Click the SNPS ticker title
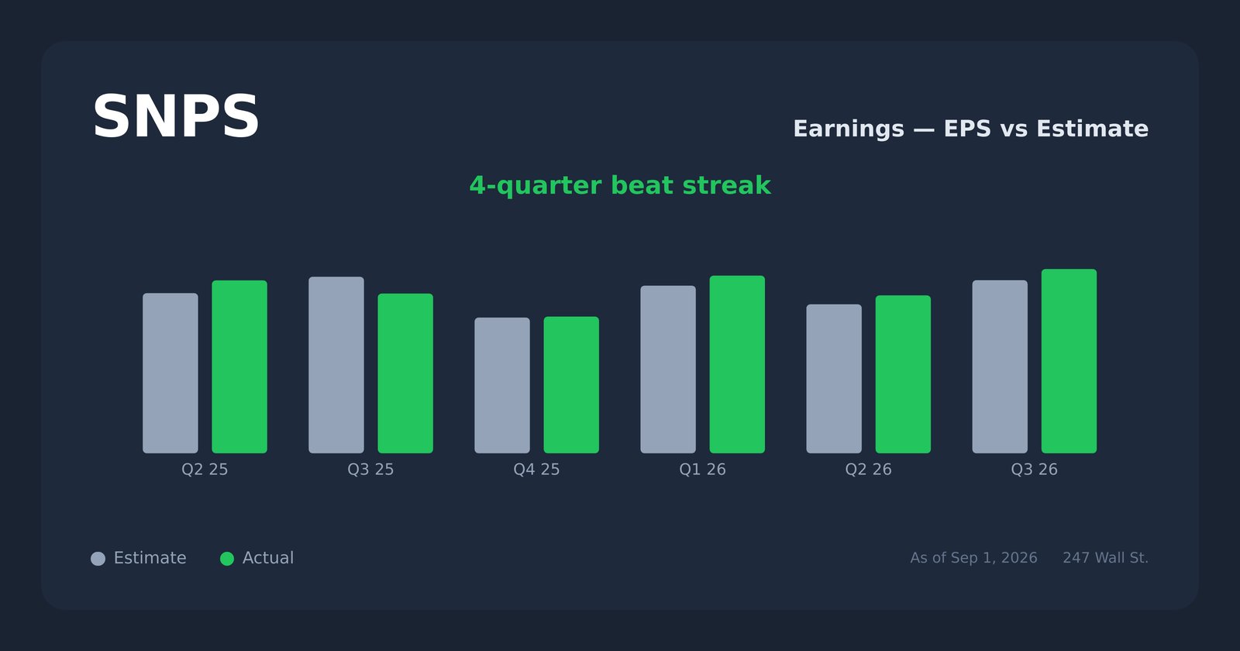pos(175,117)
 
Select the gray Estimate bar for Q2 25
pos(170,373)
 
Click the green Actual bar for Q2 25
pos(239,367)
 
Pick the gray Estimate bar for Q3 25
pos(336,365)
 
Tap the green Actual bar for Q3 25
pos(406,373)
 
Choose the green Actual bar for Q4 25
pos(571,384)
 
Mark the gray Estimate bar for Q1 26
pos(668,369)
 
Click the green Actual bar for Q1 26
pos(737,364)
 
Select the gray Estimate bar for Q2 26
pos(834,379)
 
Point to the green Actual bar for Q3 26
pos(1069,361)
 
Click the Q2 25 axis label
pos(205,470)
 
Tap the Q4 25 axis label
pos(536,470)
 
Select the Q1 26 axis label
pos(702,470)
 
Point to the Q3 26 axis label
pos(1034,470)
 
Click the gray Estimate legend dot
pos(98,559)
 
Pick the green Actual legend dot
pos(227,559)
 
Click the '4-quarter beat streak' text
pos(620,185)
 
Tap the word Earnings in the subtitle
pos(849,129)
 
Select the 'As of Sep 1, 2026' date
pos(973,558)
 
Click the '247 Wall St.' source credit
pos(1105,558)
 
